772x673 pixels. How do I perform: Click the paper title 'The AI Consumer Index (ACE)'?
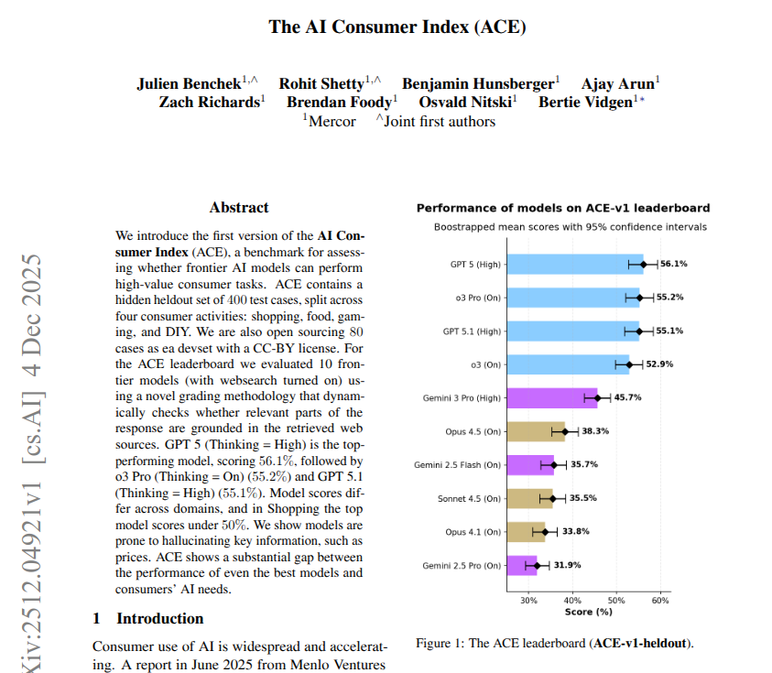tap(397, 26)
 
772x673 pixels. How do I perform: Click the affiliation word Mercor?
tap(332, 121)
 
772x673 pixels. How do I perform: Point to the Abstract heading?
tap(239, 208)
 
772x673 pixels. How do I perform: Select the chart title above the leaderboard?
tap(563, 208)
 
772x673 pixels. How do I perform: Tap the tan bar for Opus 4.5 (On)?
tap(535, 431)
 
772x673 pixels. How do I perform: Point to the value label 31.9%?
tap(567, 565)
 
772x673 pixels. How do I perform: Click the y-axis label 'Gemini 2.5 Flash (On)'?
tap(457, 465)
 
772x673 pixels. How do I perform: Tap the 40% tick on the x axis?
tap(572, 601)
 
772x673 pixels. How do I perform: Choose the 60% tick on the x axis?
tap(660, 601)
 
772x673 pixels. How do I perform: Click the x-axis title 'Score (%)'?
tap(588, 611)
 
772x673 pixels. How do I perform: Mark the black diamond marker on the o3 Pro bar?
tap(639, 298)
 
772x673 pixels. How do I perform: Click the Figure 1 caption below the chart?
tap(554, 644)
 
